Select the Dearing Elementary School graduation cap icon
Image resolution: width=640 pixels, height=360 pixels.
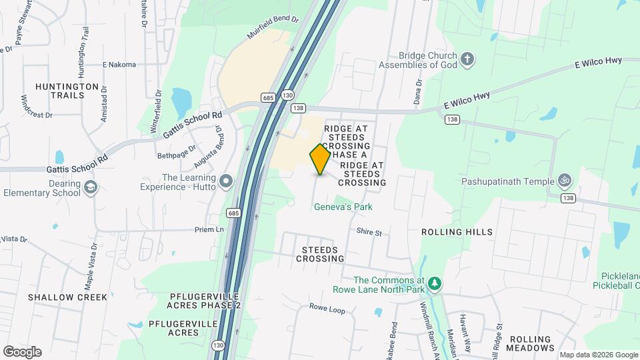click(x=91, y=189)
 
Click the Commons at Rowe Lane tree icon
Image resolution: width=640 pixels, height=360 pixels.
click(x=435, y=285)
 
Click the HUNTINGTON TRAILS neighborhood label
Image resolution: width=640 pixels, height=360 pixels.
click(x=67, y=91)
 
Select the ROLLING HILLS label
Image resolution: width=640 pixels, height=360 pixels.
click(x=457, y=232)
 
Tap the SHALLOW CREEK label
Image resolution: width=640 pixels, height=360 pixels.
click(x=67, y=297)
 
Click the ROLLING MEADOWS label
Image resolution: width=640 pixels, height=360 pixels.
click(x=530, y=343)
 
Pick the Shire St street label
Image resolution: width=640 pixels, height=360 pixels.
click(x=369, y=233)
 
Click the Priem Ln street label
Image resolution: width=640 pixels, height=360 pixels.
click(x=210, y=229)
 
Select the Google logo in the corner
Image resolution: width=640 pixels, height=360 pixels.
click(x=22, y=351)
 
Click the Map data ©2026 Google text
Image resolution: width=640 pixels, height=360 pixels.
click(x=598, y=355)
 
